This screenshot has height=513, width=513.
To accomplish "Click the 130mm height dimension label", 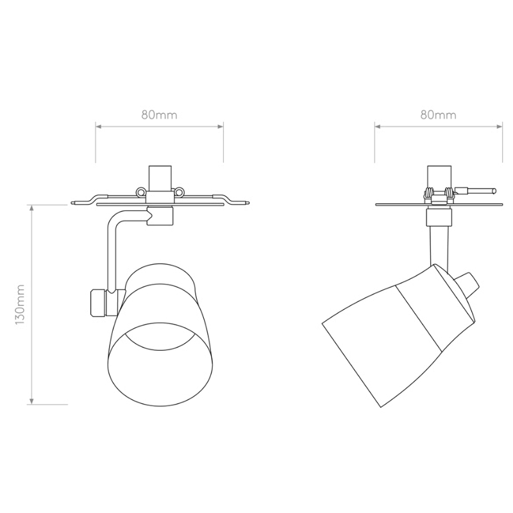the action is coord(21,305).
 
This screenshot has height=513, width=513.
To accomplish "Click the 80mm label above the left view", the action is coord(159,115).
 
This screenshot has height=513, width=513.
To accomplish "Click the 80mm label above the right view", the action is coord(439,115).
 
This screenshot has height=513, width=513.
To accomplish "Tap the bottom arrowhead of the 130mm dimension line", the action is coord(31,401).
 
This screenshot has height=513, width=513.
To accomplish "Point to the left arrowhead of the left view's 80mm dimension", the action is coord(99,126).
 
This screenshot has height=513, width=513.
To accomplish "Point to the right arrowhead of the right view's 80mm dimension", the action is coord(500,126).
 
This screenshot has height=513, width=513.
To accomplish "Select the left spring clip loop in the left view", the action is coord(140,192).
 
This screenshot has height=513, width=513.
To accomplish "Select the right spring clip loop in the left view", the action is coord(179,192).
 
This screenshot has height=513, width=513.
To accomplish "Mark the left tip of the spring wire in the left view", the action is coord(71,203).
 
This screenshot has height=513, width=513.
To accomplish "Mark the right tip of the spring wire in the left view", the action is coord(248,203).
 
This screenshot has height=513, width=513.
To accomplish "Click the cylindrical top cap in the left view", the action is coord(160,179).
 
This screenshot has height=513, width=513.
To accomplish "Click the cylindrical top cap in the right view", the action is coord(439,178).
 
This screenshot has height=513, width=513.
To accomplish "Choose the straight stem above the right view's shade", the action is coord(439,247).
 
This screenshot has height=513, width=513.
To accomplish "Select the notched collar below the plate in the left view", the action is coord(160,216).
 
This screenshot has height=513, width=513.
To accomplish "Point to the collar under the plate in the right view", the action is coord(439,217).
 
